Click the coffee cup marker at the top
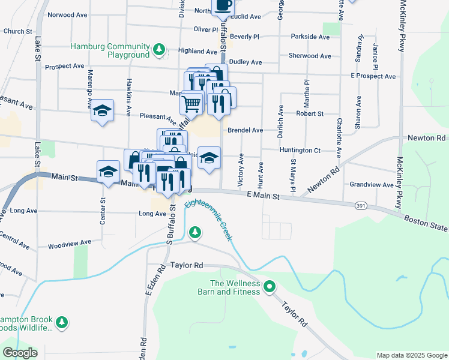(223, 6)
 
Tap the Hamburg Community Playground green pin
(158, 49)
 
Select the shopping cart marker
(191, 103)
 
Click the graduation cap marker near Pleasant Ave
(103, 110)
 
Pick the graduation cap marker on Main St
(109, 172)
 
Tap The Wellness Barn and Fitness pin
(270, 287)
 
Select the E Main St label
(264, 196)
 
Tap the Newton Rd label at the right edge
(427, 138)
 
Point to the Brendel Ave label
(245, 130)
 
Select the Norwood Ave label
(68, 14)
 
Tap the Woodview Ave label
(70, 242)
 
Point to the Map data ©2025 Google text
(411, 355)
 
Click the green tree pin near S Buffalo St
(194, 232)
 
